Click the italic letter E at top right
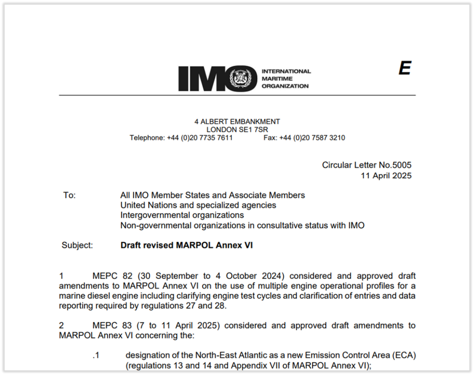click(404, 69)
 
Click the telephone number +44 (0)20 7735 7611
click(200, 138)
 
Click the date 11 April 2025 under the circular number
click(386, 176)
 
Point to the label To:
click(69, 195)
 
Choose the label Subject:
click(77, 245)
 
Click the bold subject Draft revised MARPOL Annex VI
click(187, 245)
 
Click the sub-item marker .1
click(96, 355)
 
